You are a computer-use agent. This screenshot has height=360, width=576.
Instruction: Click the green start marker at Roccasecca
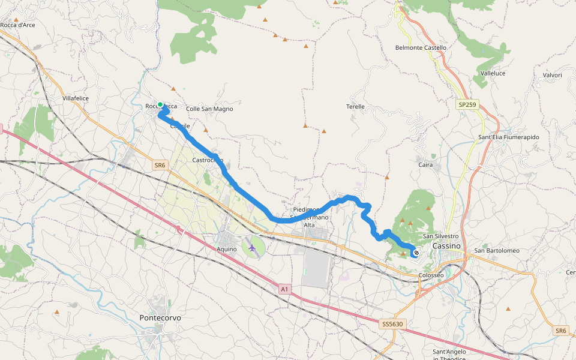(160, 105)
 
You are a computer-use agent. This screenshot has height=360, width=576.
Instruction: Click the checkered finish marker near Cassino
(416, 253)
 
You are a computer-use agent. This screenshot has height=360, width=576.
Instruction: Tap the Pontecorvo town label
(160, 317)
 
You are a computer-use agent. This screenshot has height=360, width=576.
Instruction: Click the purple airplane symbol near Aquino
(252, 247)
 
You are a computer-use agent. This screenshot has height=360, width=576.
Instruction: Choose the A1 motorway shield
(285, 289)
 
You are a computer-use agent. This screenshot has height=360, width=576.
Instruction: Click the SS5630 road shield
(393, 324)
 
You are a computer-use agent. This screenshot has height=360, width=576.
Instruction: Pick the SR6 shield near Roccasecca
(159, 164)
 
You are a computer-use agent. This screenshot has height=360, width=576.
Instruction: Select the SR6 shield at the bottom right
(560, 331)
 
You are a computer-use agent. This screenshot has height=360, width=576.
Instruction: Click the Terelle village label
(355, 106)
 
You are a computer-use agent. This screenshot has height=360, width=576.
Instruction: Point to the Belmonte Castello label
(421, 47)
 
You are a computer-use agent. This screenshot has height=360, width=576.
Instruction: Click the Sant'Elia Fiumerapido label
(508, 137)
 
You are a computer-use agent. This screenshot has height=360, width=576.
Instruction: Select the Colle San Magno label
(209, 109)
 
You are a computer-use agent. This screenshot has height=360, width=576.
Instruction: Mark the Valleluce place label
(493, 73)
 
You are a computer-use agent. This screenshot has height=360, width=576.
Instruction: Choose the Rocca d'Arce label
(18, 25)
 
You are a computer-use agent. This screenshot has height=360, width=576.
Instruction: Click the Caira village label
(425, 164)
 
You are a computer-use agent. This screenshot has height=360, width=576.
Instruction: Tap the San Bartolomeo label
(497, 250)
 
